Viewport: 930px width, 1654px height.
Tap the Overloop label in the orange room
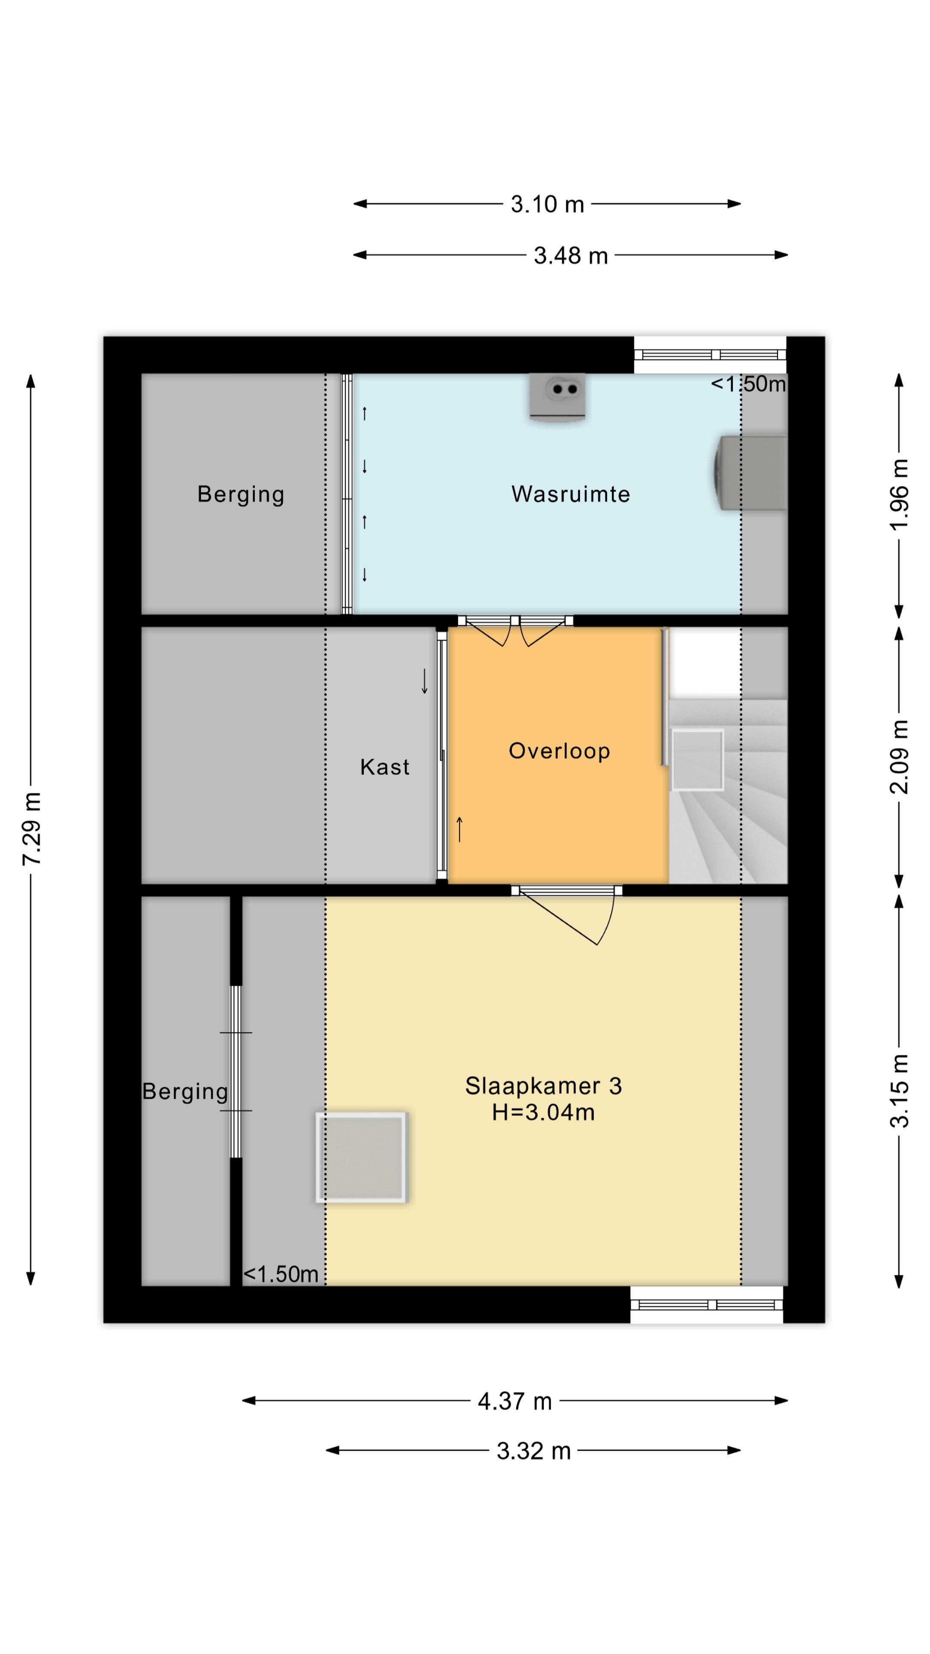pyautogui.click(x=559, y=751)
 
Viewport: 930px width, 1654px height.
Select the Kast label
pyautogui.click(x=384, y=767)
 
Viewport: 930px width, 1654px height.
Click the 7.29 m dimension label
pyautogui.click(x=32, y=829)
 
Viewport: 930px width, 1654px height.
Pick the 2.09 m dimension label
pyautogui.click(x=899, y=757)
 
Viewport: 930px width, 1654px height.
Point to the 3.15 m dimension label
pyautogui.click(x=899, y=1091)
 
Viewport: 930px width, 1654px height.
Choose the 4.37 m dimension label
pyautogui.click(x=515, y=1401)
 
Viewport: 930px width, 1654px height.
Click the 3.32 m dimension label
pyautogui.click(x=533, y=1451)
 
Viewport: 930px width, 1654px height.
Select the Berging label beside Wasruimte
pyautogui.click(x=241, y=494)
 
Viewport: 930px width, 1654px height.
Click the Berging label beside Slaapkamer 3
pyautogui.click(x=185, y=1091)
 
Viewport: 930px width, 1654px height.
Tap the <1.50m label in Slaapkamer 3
pyautogui.click(x=281, y=1274)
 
